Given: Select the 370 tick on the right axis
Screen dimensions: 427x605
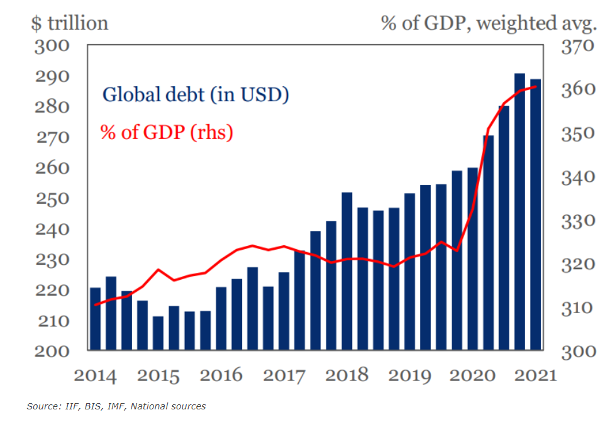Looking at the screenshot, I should point(577,47).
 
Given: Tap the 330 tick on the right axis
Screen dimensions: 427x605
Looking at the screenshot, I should point(577,221).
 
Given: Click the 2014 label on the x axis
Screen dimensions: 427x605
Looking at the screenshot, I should point(95,375).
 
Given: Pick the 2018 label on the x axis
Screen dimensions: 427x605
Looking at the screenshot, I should point(347,375).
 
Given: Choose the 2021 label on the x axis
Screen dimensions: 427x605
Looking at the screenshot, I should point(535,375).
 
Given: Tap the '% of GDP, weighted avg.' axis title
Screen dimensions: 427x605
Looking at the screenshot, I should point(488,23).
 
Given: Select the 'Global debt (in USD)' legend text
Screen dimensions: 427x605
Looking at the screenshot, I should point(196,95).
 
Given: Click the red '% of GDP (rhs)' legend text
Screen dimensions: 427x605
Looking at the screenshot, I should point(167,132).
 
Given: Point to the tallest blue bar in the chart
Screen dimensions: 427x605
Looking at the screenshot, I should point(520,211).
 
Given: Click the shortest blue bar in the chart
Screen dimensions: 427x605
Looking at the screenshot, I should point(158,333).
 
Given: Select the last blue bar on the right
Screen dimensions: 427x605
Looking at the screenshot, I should point(536,214).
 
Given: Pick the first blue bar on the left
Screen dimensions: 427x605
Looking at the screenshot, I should point(95,318).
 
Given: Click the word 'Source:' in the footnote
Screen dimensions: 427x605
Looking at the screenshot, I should point(43,406).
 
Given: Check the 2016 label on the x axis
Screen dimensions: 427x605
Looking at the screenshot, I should point(221,375).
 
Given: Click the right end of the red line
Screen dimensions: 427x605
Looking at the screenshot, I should point(536,87).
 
